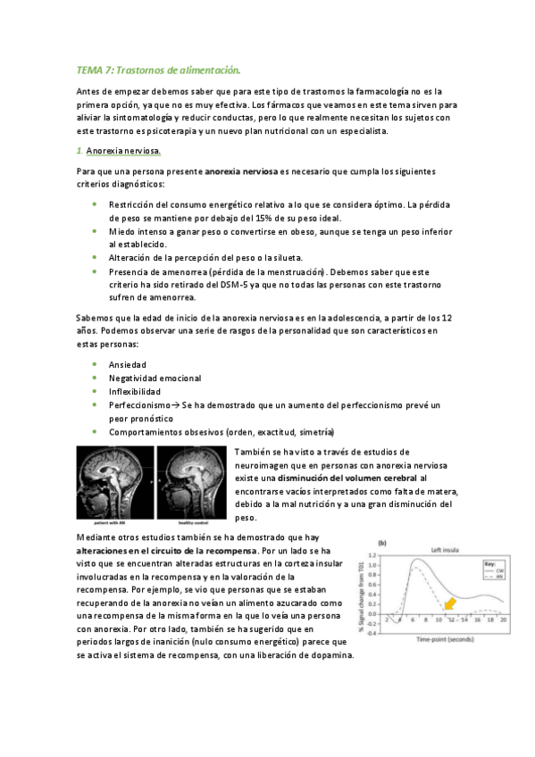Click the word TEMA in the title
pos(90,69)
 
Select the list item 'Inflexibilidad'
pos(135,391)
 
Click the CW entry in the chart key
pos(490,572)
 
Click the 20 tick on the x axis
pos(504,619)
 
